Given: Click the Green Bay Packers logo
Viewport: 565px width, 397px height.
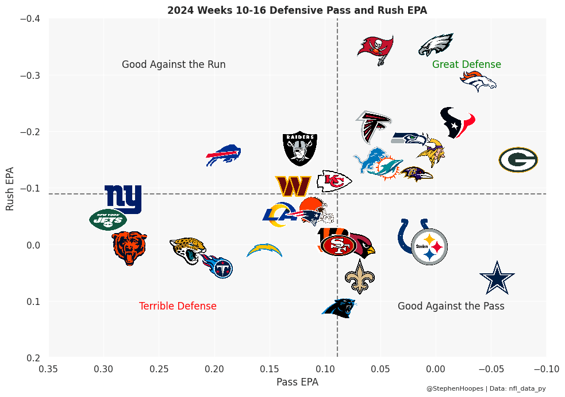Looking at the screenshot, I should pos(518,160).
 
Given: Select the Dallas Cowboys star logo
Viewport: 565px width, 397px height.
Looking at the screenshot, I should pos(497,277).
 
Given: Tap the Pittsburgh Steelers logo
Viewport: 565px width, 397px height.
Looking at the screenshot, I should pos(429,246).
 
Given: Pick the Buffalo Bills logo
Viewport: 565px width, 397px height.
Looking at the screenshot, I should pos(224,155).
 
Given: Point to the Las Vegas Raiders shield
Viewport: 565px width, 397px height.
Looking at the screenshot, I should pos(300,148).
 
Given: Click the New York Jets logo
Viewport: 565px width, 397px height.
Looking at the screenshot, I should pos(107,219).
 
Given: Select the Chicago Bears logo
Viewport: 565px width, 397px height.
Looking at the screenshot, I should pos(129,247).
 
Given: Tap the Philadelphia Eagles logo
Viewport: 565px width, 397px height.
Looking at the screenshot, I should pos(436,45).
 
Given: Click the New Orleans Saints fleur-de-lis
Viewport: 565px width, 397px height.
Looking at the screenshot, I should pos(360,276).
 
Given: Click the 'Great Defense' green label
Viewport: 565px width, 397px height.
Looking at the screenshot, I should pos(466,64).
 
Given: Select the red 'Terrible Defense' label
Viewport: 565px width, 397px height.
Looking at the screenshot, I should pos(178,306).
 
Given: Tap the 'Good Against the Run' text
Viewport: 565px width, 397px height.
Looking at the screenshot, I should pos(174,64).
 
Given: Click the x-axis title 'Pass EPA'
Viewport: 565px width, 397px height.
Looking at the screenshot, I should pos(297,381).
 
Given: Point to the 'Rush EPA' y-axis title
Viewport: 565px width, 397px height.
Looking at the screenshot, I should pos(10,189).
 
